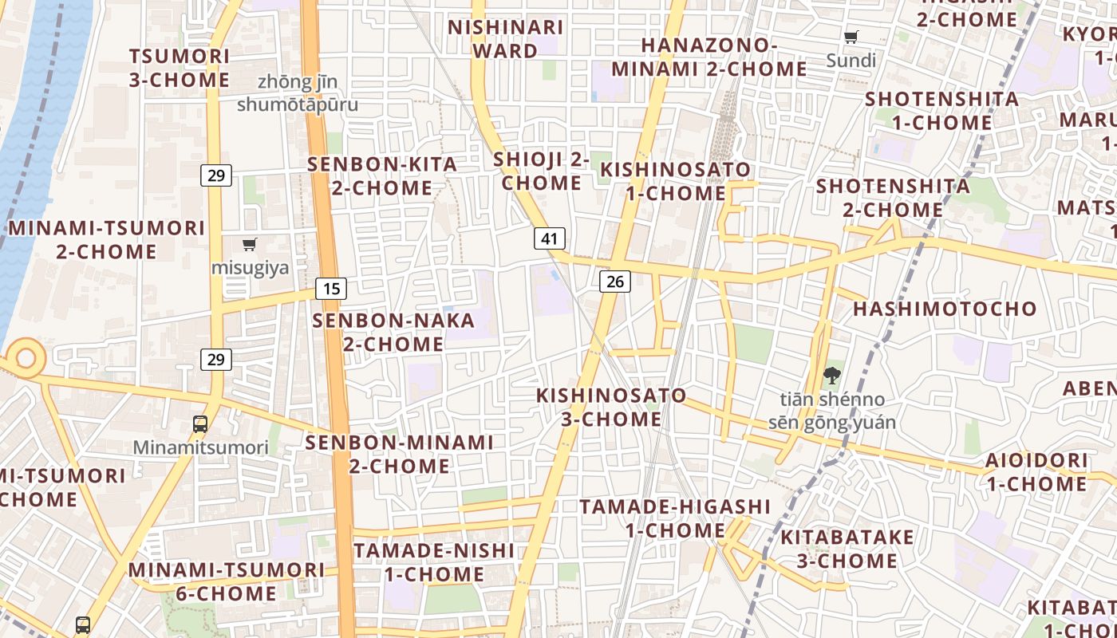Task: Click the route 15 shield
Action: [x=330, y=288]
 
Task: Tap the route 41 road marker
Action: [x=549, y=238]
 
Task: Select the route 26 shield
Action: [x=614, y=281]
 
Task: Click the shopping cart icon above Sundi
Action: [x=851, y=37]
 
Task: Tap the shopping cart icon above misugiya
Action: [x=250, y=244]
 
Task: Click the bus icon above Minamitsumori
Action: [x=200, y=424]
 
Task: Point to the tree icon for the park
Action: [x=831, y=376]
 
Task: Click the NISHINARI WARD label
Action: [x=506, y=39]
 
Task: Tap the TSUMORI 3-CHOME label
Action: [x=180, y=68]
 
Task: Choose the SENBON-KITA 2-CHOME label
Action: [x=383, y=176]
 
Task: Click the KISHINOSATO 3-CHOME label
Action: [x=611, y=407]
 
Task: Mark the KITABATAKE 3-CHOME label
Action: [x=847, y=549]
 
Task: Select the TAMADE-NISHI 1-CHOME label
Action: [x=434, y=562]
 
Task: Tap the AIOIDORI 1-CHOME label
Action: [x=1036, y=472]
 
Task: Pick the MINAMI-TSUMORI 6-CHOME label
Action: [x=227, y=581]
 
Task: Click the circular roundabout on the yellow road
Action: [x=26, y=357]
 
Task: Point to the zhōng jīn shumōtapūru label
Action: [x=298, y=93]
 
